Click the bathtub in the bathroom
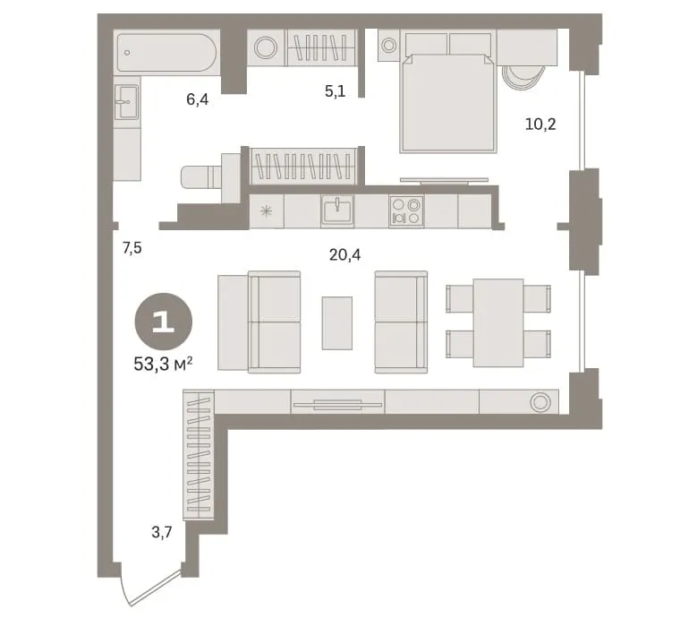pos(166,53)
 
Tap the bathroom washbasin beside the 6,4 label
pos(126,102)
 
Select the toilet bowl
pos(201,177)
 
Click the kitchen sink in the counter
pos(337,210)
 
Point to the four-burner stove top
pos(406,210)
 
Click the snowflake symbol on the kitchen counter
pos(266,211)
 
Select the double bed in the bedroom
pos(448,103)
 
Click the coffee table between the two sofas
pos(337,323)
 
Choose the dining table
pos(498,322)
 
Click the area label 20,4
pos(344,255)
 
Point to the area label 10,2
pos(540,125)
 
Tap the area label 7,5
pos(132,248)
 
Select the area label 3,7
pos(162,532)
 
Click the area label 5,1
pos(336,91)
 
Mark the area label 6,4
pos(198,99)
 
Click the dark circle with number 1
pos(164,322)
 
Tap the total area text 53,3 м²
pos(163,364)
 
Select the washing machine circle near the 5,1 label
pos(265,47)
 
